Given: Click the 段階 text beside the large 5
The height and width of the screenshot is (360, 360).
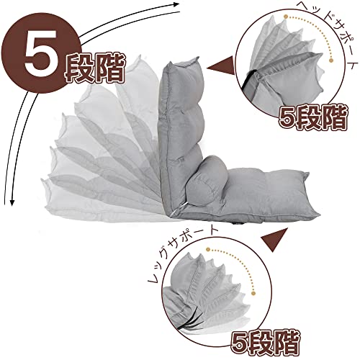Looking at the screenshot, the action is tap(94, 68).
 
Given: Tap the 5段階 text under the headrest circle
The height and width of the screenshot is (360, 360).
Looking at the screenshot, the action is tap(312, 118).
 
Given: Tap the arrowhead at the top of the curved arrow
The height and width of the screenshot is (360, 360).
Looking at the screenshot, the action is tap(176, 4).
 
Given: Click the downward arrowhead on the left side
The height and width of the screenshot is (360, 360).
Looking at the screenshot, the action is tap(12, 202).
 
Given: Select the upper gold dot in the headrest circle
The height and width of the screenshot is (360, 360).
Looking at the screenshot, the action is tap(286, 17).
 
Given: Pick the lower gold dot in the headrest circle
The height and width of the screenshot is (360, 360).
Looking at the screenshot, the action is tap(332, 60).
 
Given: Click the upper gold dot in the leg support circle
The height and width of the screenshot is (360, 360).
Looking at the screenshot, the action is tap(208, 250).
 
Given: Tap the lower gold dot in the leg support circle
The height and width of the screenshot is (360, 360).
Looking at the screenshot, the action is tap(253, 293).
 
